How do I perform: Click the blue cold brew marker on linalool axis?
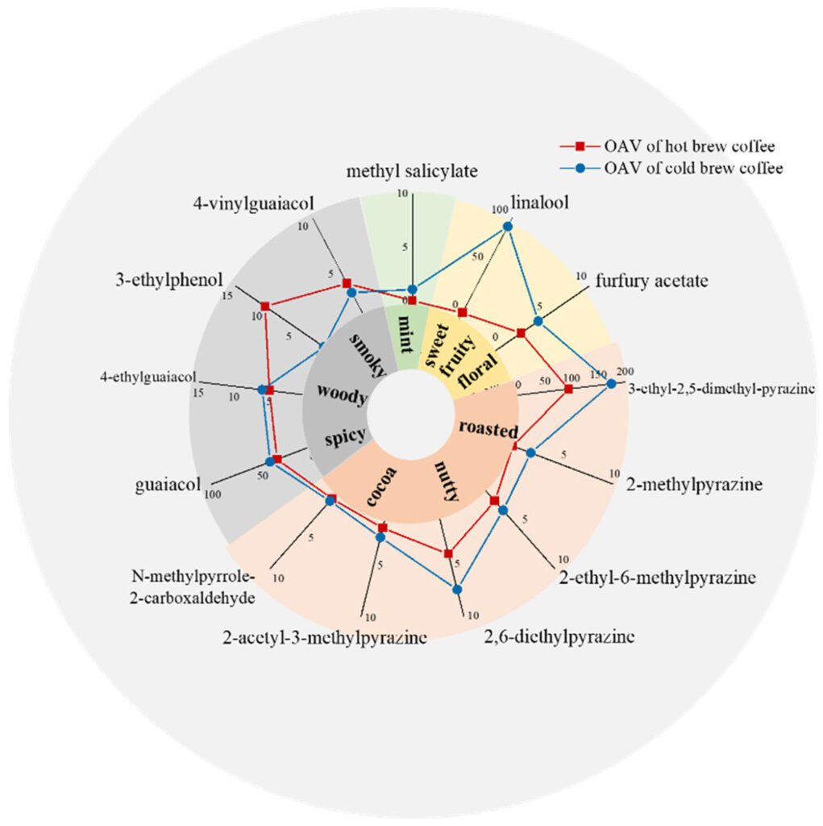[508, 227]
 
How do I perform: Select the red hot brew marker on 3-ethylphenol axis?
[265, 306]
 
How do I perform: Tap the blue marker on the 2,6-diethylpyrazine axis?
[458, 589]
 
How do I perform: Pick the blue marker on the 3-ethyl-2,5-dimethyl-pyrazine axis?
[611, 383]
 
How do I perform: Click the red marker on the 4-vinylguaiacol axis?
[347, 283]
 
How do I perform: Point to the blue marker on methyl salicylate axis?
[413, 290]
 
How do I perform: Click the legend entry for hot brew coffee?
[667, 146]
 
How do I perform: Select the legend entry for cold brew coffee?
[671, 168]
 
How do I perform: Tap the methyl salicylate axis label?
[412, 171]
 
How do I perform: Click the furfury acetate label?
[652, 281]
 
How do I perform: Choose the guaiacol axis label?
[168, 485]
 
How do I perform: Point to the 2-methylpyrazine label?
[695, 484]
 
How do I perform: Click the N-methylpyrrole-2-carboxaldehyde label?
[193, 587]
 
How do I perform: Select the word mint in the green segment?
[406, 334]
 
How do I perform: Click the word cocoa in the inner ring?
[382, 486]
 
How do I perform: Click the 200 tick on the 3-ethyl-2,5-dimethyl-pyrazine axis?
[626, 371]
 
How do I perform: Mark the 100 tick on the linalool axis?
[500, 210]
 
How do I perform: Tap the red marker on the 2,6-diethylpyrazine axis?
[448, 553]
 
